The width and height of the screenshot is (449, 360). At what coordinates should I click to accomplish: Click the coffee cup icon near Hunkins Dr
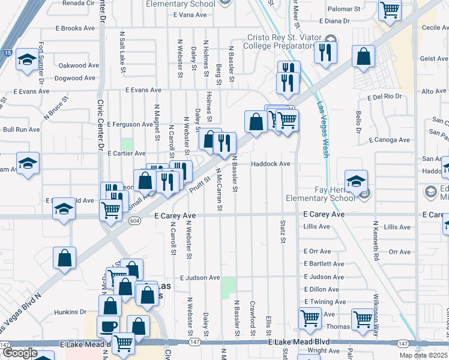108,326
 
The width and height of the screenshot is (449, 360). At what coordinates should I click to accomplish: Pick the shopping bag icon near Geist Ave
364,56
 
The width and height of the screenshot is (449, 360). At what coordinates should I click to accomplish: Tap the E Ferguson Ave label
129,124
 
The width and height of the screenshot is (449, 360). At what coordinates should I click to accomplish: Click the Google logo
20,353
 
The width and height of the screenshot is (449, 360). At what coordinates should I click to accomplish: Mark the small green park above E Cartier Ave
127,145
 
